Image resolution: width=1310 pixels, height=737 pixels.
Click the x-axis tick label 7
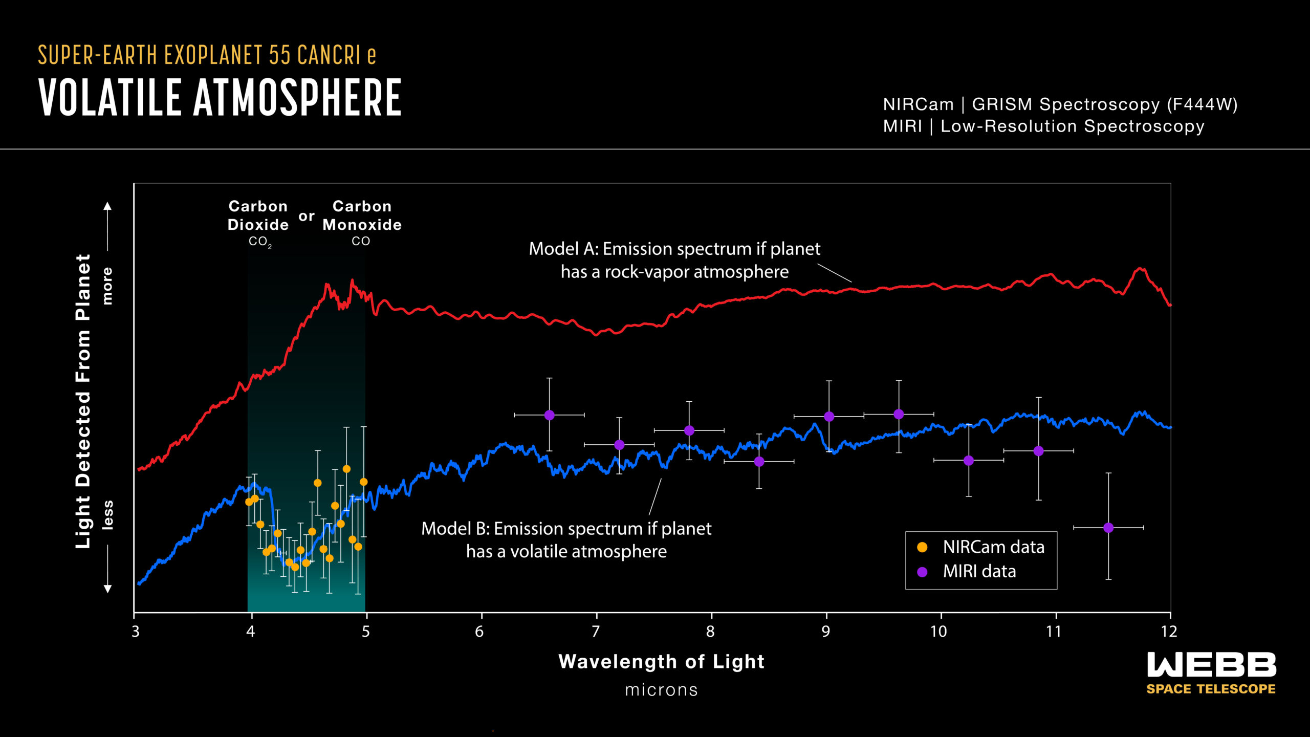pyautogui.click(x=596, y=632)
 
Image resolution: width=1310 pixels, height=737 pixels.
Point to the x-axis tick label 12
pyautogui.click(x=1169, y=632)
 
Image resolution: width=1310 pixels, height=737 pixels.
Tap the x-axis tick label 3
pyautogui.click(x=136, y=632)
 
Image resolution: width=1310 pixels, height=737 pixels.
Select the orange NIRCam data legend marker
pyautogui.click(x=922, y=547)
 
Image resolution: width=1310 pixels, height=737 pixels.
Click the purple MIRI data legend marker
pyautogui.click(x=922, y=572)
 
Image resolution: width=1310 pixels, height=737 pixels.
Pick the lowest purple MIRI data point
pyautogui.click(x=1108, y=528)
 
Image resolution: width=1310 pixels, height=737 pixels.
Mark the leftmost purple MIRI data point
pyautogui.click(x=549, y=415)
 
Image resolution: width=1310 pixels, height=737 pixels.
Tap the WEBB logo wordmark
pyautogui.click(x=1211, y=664)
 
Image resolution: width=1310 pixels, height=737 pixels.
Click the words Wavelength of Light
pyautogui.click(x=661, y=661)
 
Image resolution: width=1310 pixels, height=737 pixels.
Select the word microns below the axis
pyautogui.click(x=661, y=690)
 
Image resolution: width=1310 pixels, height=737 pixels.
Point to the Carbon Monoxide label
pyautogui.click(x=362, y=215)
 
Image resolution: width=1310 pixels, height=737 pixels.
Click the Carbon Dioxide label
pyautogui.click(x=258, y=215)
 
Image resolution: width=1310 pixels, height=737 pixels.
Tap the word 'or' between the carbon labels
pyautogui.click(x=306, y=216)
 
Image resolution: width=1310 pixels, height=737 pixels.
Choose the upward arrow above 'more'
pyautogui.click(x=107, y=207)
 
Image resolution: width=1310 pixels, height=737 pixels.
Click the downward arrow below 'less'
pyautogui.click(x=107, y=588)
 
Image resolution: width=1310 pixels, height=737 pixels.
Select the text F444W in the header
pyautogui.click(x=1202, y=104)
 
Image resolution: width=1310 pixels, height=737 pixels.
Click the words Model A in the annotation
pyautogui.click(x=563, y=249)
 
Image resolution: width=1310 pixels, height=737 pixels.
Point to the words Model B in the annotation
pyautogui.click(x=455, y=529)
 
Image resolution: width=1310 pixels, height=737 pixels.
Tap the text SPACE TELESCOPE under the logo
pyautogui.click(x=1211, y=689)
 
